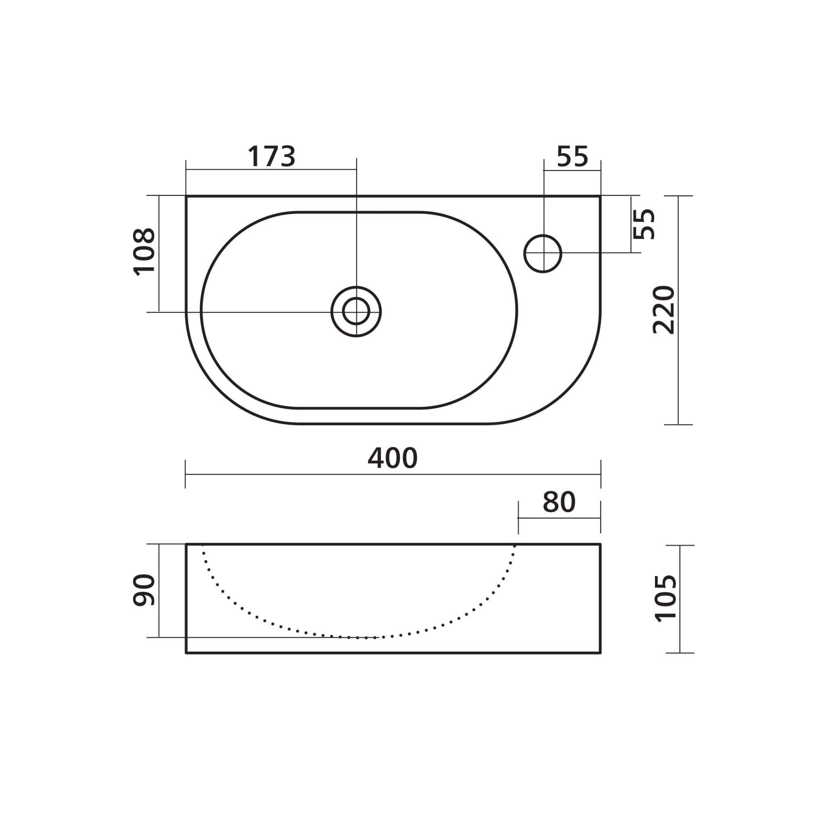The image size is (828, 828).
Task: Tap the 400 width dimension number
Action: point(392,458)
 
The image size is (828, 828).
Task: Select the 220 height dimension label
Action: point(663,309)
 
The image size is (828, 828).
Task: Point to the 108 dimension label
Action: point(144,251)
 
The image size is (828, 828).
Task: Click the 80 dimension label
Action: point(559,502)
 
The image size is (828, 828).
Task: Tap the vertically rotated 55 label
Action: point(644,224)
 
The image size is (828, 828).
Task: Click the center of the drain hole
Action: point(356,312)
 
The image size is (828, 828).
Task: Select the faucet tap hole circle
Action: point(543,254)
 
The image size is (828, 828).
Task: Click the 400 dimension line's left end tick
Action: point(185,474)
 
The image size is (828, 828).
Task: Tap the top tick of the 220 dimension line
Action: point(678,196)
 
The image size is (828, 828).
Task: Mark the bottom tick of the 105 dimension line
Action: point(680,653)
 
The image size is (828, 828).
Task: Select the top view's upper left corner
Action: point(186,196)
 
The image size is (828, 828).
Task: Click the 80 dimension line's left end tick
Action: point(518,518)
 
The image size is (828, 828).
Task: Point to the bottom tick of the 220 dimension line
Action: point(678,425)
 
